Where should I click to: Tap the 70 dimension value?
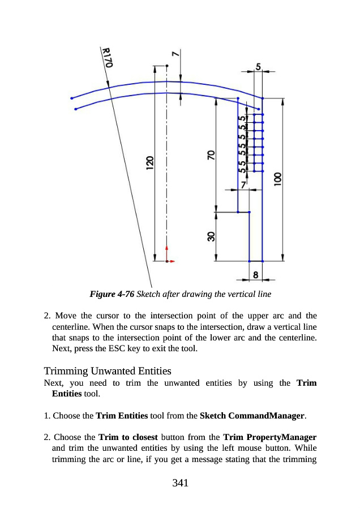pyautogui.click(x=211, y=155)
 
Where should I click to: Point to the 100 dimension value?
pyautogui.click(x=277, y=180)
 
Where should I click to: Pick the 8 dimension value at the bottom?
pyautogui.click(x=256, y=274)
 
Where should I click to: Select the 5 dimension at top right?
pyautogui.click(x=259, y=67)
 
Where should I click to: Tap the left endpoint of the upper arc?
pyautogui.click(x=71, y=98)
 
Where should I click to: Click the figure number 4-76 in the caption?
pyautogui.click(x=124, y=295)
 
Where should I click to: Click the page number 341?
pyautogui.click(x=179, y=482)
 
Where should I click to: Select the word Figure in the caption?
pyautogui.click(x=101, y=295)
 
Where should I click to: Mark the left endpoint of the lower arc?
pyautogui.click(x=75, y=109)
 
